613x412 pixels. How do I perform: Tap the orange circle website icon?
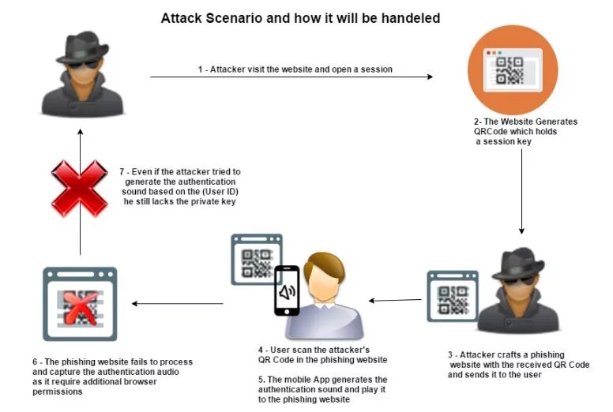pos(512,69)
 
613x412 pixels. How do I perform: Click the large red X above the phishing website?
pos(79,188)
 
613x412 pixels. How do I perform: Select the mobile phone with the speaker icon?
pos(287,290)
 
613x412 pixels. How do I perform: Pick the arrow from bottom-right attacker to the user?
pos(396,300)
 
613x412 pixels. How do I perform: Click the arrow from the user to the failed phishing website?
pos(178,304)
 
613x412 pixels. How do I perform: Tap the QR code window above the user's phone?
pos(256,258)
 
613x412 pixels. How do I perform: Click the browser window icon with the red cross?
pos(80,304)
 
